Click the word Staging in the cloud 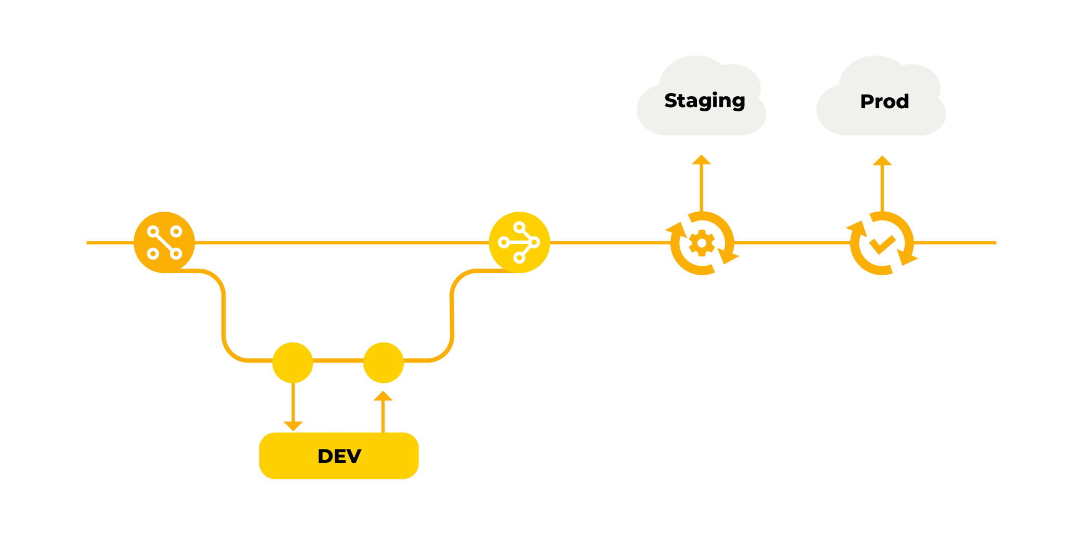point(704,100)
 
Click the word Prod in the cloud point(884,101)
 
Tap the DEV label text point(339,456)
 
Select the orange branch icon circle point(164,242)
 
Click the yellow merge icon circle point(519,242)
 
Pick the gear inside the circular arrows point(702,243)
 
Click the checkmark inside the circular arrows point(882,244)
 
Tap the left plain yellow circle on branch point(293,363)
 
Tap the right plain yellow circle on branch point(384,363)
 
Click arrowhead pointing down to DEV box point(293,425)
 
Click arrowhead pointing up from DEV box point(383,396)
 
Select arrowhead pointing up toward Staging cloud point(701,160)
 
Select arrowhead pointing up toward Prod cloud point(882,161)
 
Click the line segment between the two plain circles point(338,360)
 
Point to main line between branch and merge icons point(338,242)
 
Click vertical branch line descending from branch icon point(223,317)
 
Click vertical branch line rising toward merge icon point(452,317)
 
